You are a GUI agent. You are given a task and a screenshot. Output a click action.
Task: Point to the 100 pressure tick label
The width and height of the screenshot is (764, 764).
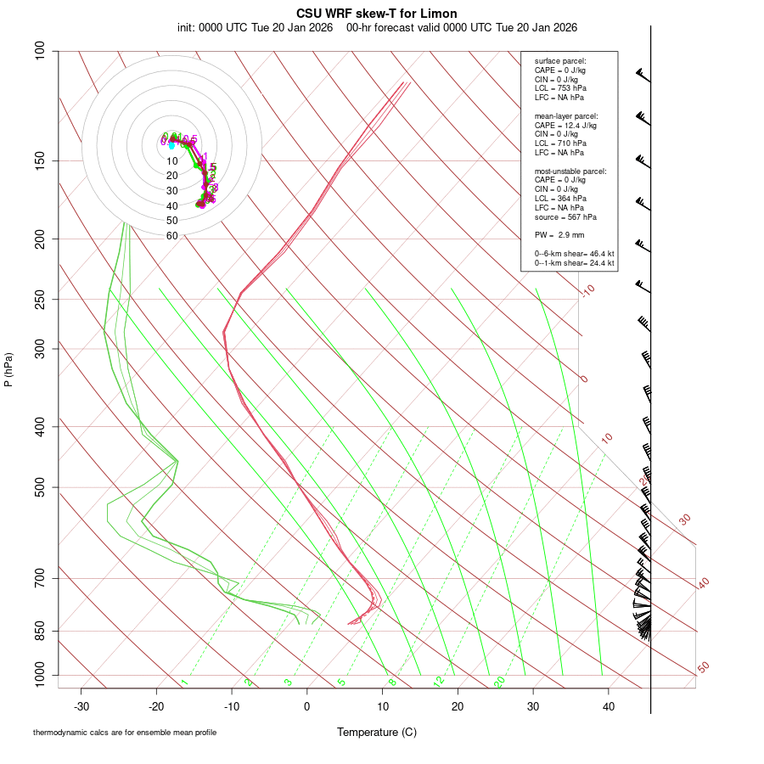point(40,52)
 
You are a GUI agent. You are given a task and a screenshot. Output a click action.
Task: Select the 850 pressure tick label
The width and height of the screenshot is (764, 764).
point(40,632)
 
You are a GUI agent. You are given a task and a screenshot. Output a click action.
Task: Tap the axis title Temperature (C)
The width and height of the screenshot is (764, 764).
point(377,732)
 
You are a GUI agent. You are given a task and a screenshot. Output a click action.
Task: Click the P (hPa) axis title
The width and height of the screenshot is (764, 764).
point(8,368)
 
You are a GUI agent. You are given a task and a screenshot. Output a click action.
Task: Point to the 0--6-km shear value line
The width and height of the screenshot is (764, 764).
point(574,254)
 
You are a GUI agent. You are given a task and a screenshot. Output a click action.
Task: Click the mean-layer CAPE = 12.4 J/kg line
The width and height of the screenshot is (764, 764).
point(565,125)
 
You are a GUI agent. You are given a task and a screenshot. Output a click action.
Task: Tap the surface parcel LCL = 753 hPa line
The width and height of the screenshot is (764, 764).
point(560,88)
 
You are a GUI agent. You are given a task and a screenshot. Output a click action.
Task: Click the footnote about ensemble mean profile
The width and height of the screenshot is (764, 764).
point(125,732)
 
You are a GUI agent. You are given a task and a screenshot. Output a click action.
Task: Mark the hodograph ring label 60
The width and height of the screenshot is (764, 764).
point(172,236)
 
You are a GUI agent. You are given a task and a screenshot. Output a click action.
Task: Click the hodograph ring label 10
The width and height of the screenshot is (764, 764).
point(172,161)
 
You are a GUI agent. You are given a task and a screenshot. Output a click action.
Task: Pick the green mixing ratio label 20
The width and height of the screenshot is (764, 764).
point(500,681)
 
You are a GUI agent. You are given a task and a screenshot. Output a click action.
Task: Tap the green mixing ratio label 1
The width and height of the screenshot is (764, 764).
point(184,682)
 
